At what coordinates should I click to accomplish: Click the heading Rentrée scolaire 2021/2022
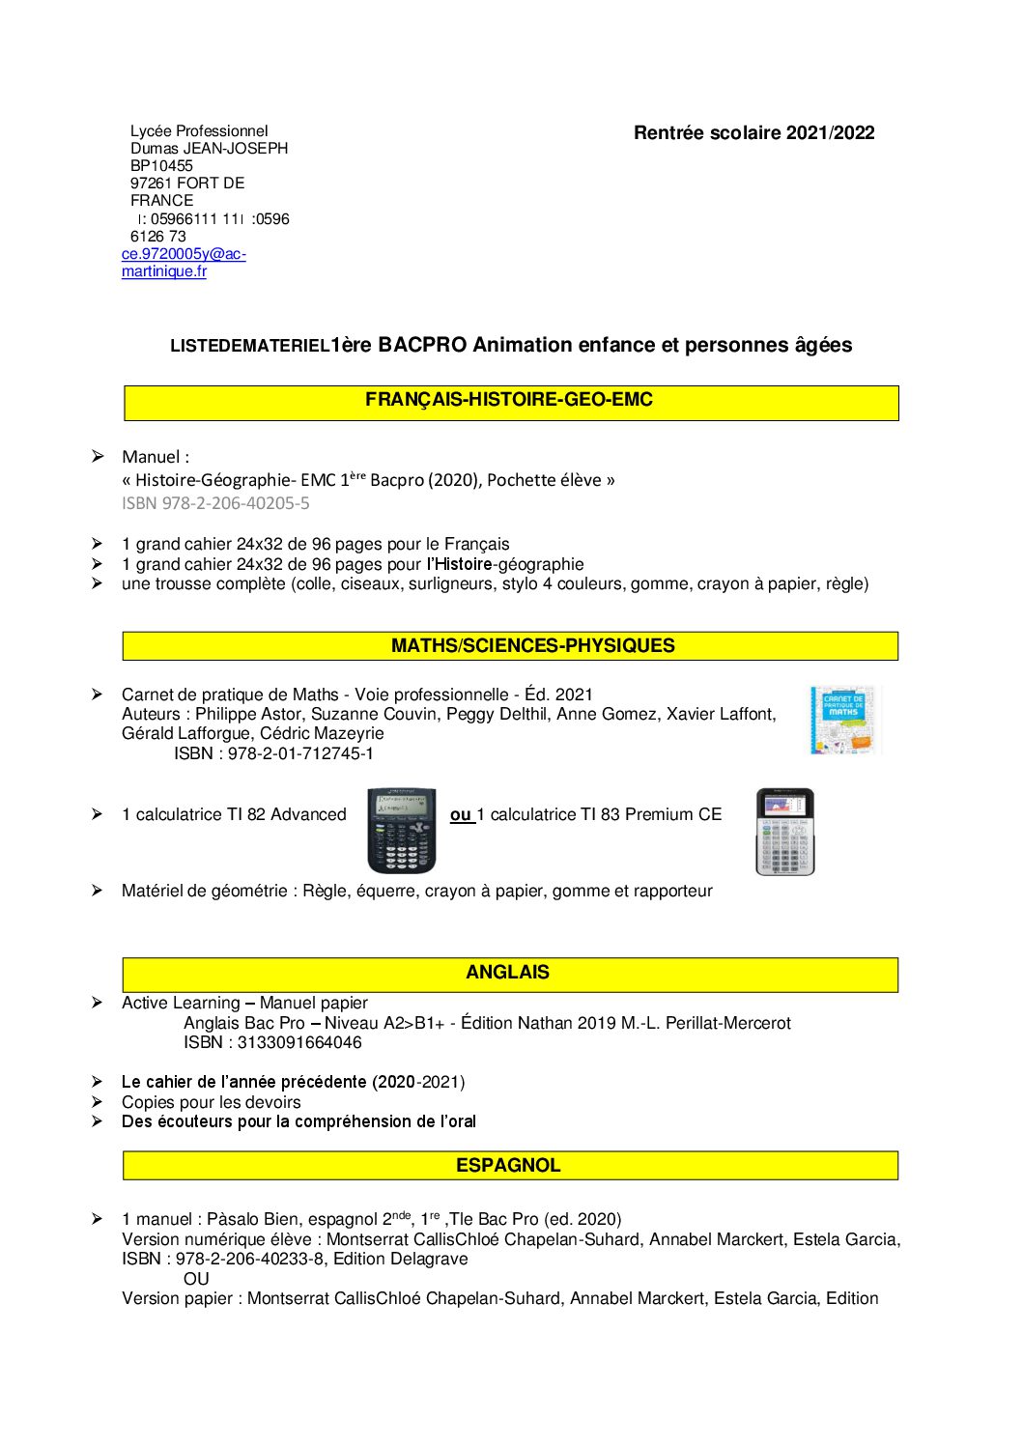tap(753, 133)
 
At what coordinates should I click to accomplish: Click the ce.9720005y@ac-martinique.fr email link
tap(183, 263)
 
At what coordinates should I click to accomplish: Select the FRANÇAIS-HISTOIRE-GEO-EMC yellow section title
tap(509, 400)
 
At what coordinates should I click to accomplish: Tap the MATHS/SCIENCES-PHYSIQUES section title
tap(532, 646)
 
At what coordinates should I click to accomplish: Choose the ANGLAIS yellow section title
tap(507, 973)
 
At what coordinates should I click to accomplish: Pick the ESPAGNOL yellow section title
tap(508, 1166)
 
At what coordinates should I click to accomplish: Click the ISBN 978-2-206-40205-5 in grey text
tap(215, 503)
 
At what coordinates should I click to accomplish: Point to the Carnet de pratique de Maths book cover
tap(844, 720)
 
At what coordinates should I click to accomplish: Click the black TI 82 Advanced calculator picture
tap(402, 830)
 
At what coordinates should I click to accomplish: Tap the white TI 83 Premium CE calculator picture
tap(784, 832)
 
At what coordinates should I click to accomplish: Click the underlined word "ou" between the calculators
tap(461, 815)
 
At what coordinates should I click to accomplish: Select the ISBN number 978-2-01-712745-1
tap(300, 753)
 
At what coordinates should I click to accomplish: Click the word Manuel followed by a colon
tap(155, 458)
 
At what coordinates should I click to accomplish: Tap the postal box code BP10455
tap(161, 166)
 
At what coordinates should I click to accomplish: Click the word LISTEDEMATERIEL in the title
tap(249, 347)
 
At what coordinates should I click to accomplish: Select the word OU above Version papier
tap(196, 1279)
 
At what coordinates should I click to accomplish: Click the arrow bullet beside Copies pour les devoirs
tap(97, 1102)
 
